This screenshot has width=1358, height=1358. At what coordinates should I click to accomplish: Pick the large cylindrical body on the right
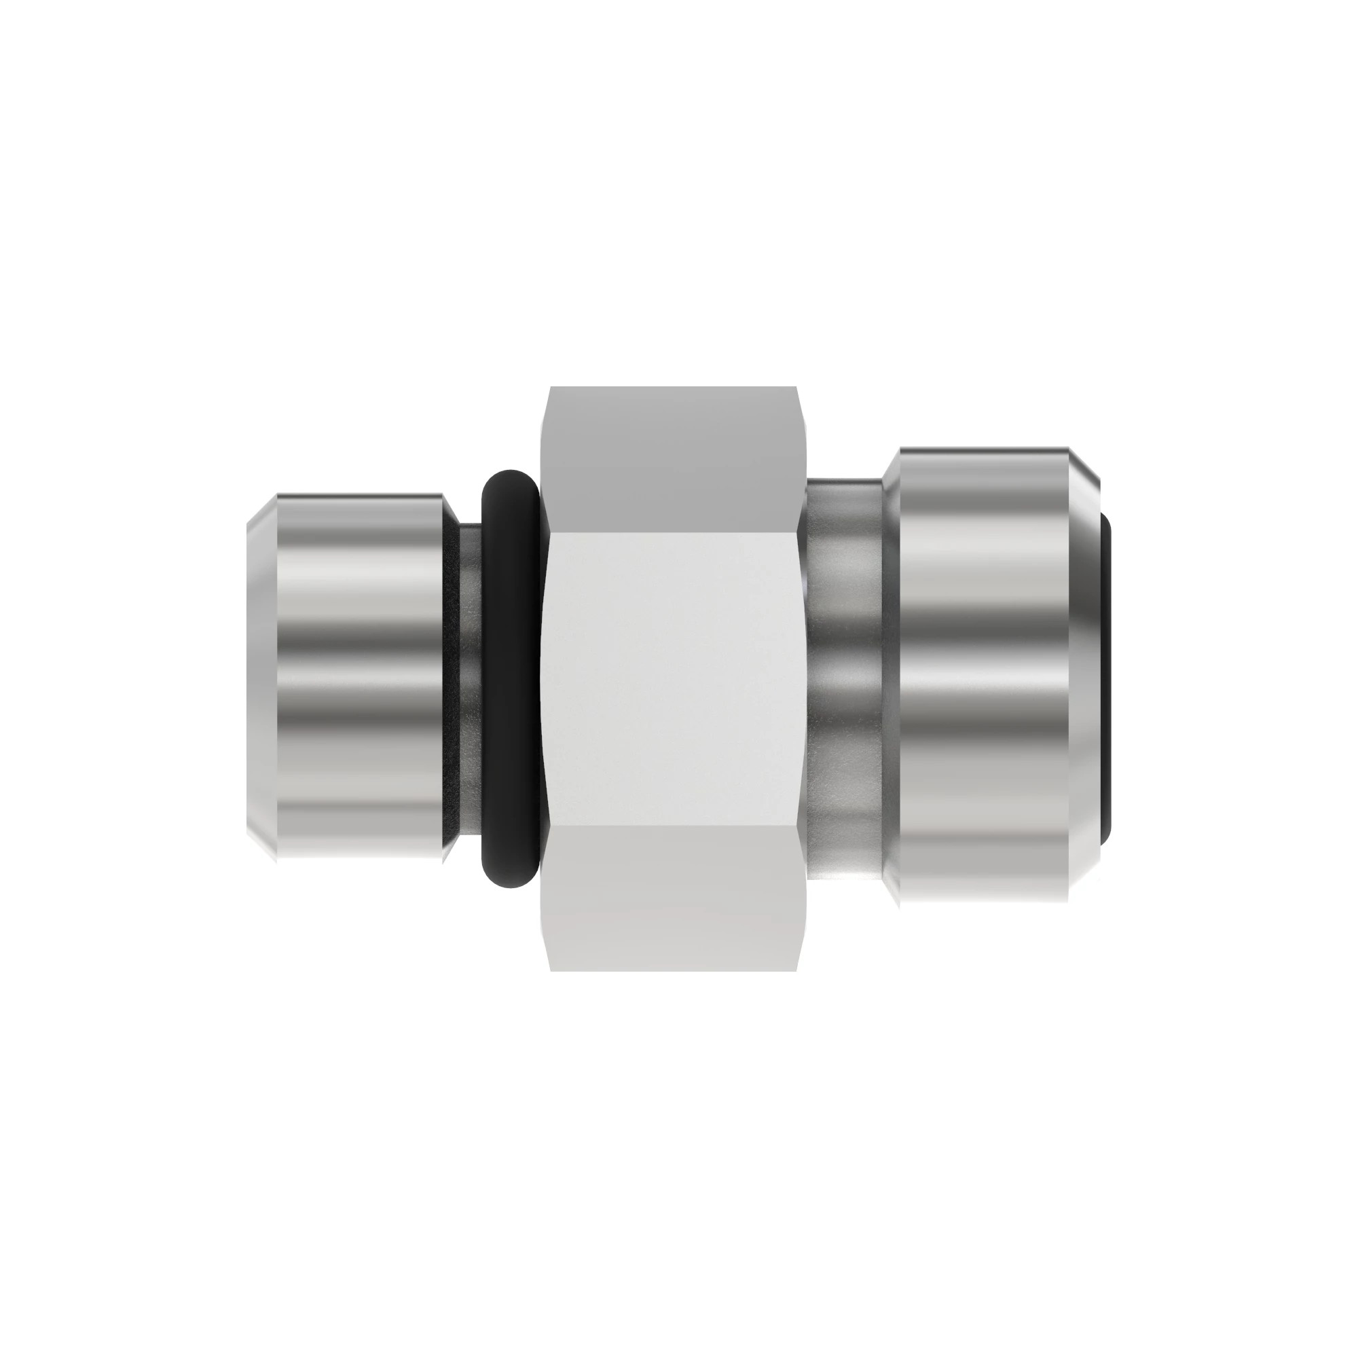[984, 675]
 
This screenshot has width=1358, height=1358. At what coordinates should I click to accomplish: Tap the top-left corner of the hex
[551, 387]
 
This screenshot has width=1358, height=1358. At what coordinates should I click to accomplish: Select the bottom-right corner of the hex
[796, 971]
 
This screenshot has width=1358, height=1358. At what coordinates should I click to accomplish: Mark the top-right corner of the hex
[796, 387]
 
